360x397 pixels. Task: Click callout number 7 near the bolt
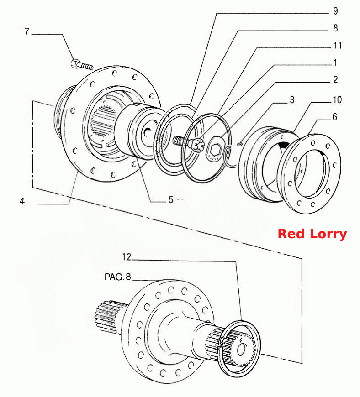[27, 31]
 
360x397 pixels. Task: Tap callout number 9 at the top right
[335, 11]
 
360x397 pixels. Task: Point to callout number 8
[335, 28]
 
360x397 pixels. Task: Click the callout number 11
[338, 45]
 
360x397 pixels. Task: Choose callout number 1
[335, 62]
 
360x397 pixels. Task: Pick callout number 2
[335, 79]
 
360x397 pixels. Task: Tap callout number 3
[292, 100]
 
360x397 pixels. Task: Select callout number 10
[337, 100]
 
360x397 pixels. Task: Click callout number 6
[335, 117]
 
